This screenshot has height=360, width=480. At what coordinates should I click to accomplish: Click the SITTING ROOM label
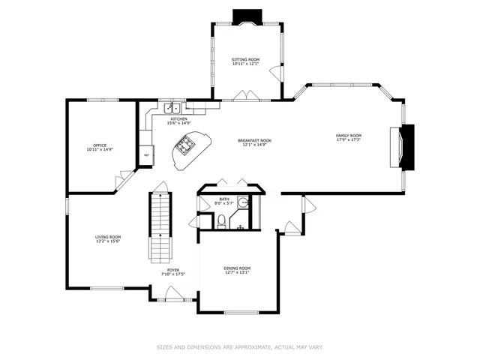tap(244, 59)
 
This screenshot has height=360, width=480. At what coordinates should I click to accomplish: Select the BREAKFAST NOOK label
tap(254, 140)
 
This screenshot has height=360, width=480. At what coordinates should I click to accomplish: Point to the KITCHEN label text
tap(178, 118)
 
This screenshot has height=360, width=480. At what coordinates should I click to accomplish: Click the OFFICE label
tap(99, 145)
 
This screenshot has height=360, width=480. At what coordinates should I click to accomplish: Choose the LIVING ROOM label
tap(107, 237)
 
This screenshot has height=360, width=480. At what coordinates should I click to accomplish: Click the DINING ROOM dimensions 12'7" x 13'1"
tap(237, 273)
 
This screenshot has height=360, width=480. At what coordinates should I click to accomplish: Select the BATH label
tap(224, 199)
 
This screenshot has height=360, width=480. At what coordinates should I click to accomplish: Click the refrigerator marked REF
tap(146, 155)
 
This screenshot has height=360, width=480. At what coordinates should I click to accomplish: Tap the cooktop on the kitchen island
tap(185, 145)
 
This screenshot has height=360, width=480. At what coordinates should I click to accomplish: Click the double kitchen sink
tap(173, 109)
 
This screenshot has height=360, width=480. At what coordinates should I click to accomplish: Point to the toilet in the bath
tap(221, 220)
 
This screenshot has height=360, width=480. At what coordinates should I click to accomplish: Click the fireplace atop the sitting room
tap(245, 16)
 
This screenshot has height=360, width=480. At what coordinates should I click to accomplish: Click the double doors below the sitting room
tap(245, 96)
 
